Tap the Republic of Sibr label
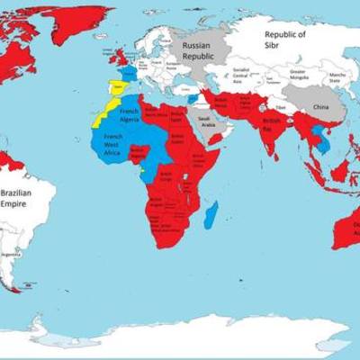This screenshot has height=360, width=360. (x=284, y=40)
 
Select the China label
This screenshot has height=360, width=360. (x=320, y=107)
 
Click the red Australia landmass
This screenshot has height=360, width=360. (x=346, y=225)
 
